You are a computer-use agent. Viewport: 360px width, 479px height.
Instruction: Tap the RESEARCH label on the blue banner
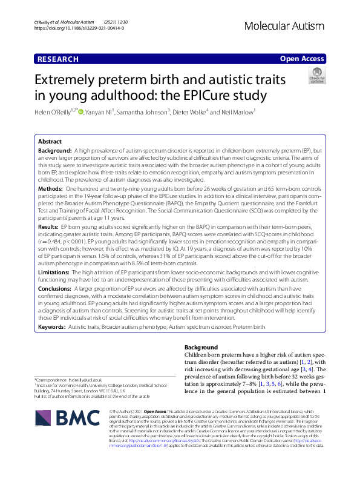[x=58, y=59]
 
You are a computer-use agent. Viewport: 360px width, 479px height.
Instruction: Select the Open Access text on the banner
[x=301, y=59]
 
